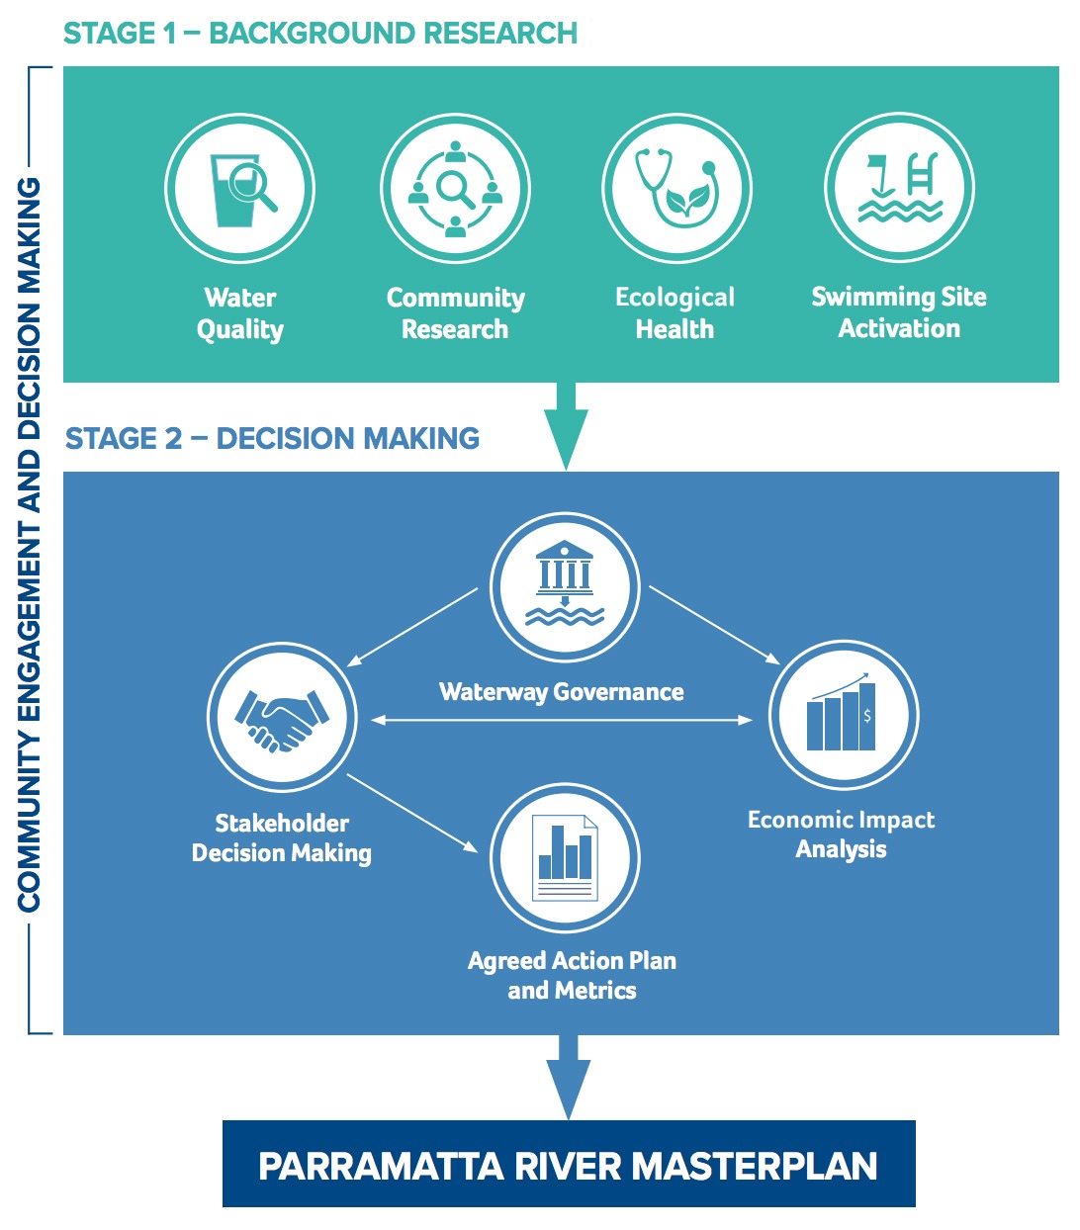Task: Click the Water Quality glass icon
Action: coord(240,189)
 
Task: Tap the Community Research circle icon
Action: coord(455,189)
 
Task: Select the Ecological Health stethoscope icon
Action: coord(676,189)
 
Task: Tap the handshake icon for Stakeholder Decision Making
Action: coord(282,718)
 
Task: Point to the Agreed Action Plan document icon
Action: coord(565,857)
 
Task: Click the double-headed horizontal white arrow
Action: coord(562,720)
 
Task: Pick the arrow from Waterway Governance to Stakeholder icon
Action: coord(413,627)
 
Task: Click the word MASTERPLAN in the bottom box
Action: coord(754,1166)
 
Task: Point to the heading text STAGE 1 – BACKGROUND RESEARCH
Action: coord(320,33)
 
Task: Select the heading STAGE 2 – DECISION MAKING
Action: coord(273,438)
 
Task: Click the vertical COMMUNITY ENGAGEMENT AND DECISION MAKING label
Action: coord(30,545)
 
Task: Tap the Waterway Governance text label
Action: coord(562,692)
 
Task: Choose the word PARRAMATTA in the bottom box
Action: coord(381,1166)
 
